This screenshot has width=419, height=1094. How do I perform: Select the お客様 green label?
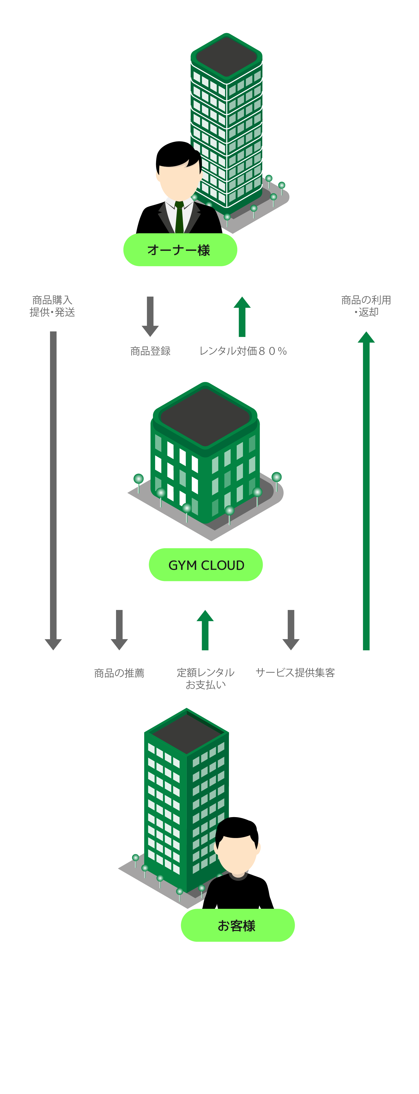[237, 925]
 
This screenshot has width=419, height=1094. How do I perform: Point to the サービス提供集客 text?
[295, 673]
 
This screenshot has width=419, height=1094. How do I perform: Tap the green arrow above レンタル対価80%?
[242, 316]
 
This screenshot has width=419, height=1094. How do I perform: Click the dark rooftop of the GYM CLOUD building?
[205, 416]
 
